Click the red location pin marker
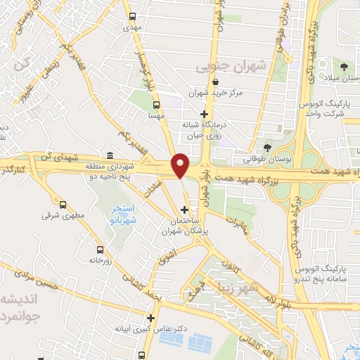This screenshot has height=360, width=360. [x=181, y=165]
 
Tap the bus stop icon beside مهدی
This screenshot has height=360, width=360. [x=131, y=15]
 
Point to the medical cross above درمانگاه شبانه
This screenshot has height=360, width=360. [x=205, y=113]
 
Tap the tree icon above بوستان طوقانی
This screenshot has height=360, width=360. [x=267, y=148]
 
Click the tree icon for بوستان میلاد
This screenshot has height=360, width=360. [x=344, y=67]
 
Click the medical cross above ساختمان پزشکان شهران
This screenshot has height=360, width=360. [x=185, y=210]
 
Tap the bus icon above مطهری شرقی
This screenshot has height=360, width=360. [x=64, y=205]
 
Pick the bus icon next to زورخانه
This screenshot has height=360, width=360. [x=99, y=250]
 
